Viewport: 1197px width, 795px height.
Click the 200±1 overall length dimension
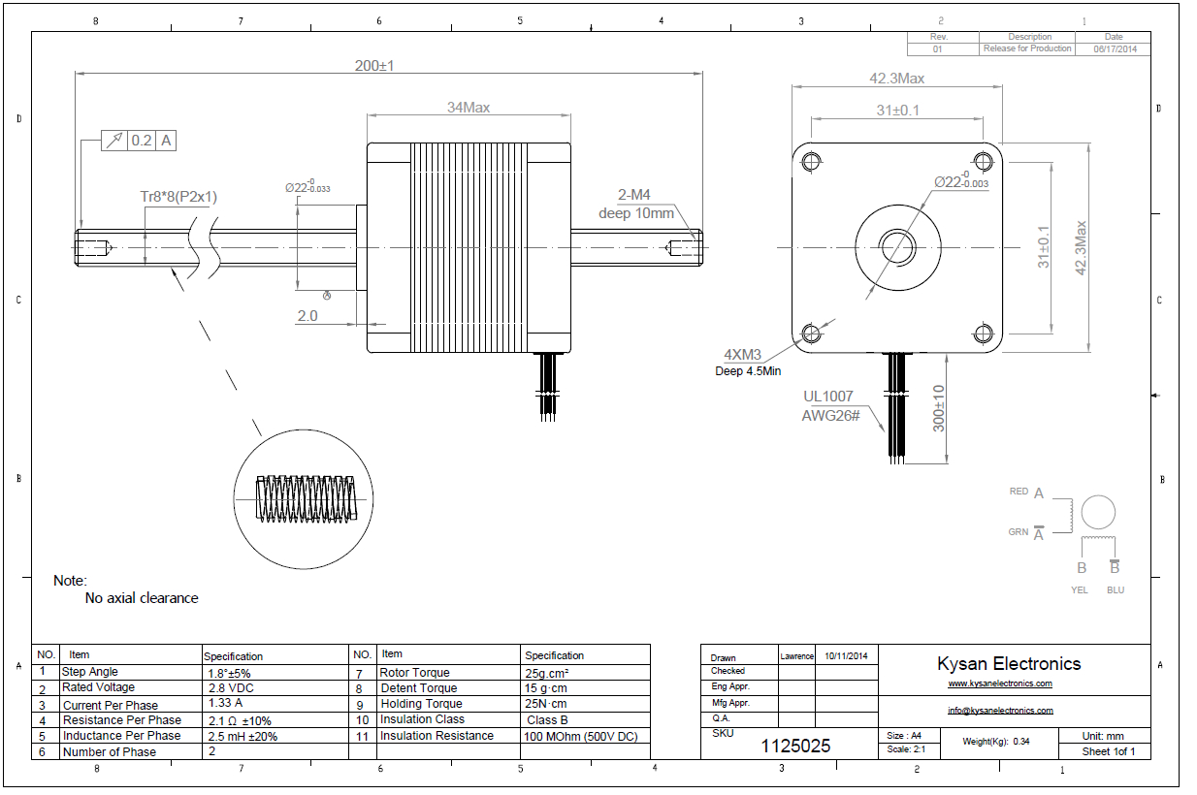(373, 65)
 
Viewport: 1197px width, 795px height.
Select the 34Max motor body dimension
(468, 108)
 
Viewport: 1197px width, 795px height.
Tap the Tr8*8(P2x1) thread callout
(178, 197)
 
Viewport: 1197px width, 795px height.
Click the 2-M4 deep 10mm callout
(634, 205)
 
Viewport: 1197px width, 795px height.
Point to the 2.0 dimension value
(307, 316)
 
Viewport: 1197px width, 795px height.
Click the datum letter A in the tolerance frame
(167, 141)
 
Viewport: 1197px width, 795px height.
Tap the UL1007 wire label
(827, 396)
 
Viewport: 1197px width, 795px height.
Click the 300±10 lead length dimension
(938, 408)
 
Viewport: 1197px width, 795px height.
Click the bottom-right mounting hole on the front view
(984, 333)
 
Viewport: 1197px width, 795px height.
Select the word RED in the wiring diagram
(1019, 492)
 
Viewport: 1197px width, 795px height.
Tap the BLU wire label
(1116, 589)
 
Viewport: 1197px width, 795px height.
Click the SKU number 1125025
(795, 746)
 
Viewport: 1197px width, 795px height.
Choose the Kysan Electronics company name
(1009, 664)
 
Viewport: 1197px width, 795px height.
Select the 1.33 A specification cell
(225, 703)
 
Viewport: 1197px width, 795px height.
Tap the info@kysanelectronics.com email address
(1000, 711)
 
